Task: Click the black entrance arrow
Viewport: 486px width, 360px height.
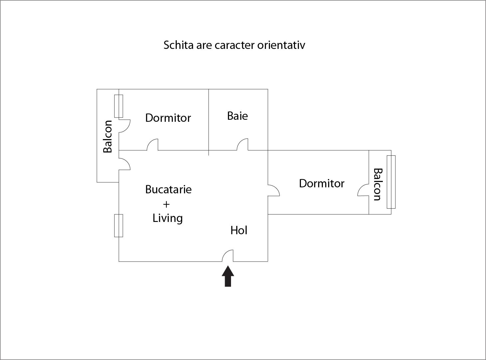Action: pyautogui.click(x=228, y=276)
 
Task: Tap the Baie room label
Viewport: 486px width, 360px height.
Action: pyautogui.click(x=238, y=116)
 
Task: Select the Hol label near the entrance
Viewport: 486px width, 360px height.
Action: pyautogui.click(x=239, y=230)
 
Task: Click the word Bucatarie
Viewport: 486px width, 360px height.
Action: pyautogui.click(x=168, y=189)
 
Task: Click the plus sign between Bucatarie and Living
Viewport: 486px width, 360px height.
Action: pyautogui.click(x=166, y=204)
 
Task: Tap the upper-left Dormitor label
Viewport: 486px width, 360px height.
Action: pyautogui.click(x=168, y=118)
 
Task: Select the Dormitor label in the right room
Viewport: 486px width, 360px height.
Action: pyautogui.click(x=322, y=183)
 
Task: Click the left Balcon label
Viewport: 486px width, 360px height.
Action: pyautogui.click(x=108, y=136)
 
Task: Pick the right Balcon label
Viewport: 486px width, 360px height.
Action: pyautogui.click(x=378, y=184)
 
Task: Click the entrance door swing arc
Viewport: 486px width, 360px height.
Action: pyautogui.click(x=228, y=256)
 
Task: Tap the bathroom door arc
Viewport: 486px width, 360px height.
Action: pyautogui.click(x=242, y=144)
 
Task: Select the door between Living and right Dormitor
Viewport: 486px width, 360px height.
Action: pyautogui.click(x=274, y=190)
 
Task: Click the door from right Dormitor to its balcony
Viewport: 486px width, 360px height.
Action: pyautogui.click(x=363, y=190)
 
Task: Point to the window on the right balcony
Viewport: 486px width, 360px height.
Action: pyautogui.click(x=391, y=182)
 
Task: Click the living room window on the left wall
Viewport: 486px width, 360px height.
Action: pyautogui.click(x=119, y=226)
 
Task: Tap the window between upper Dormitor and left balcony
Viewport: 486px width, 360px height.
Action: pyautogui.click(x=119, y=106)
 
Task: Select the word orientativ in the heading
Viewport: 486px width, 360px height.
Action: pyautogui.click(x=281, y=45)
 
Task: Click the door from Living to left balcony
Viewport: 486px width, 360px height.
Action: pyautogui.click(x=124, y=164)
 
